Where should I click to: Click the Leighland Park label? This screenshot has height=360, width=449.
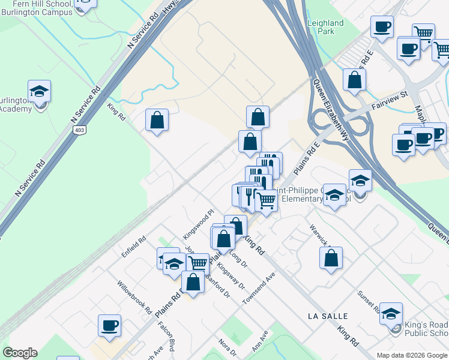tap(325, 27)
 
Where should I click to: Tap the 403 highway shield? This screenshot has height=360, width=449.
tap(78, 130)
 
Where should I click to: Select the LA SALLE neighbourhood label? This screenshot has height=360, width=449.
tap(328, 316)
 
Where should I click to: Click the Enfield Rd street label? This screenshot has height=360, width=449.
tap(134, 246)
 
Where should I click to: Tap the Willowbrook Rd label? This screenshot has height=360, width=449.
tap(134, 298)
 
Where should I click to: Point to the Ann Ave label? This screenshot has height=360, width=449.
tap(260, 342)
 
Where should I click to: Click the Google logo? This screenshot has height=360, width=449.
tap(20, 353)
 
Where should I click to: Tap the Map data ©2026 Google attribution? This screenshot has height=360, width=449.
tap(412, 355)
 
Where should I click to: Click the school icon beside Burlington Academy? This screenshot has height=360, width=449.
tap(40, 92)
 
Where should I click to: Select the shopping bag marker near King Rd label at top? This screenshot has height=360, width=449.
tap(157, 120)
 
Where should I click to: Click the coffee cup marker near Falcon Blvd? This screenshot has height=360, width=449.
tap(109, 325)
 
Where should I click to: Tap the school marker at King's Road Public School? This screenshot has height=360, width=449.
tap(391, 313)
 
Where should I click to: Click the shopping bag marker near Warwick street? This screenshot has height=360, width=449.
tap(331, 258)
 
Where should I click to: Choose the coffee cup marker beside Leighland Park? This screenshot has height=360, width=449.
tap(381, 27)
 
